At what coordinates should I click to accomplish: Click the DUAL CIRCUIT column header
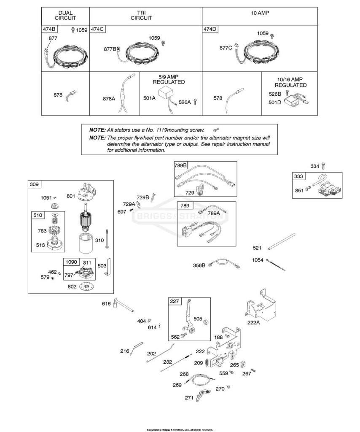pos(65,16)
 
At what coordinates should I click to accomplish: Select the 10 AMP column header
pos(260,13)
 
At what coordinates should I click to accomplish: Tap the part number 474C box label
pos(97,29)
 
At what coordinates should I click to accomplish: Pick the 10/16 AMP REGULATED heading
pos(290,82)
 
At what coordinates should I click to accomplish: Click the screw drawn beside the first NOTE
pos(216,129)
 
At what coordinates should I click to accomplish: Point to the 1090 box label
pos(71,262)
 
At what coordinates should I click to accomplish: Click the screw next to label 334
pos(323,166)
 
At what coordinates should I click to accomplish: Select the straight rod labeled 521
pos(281,242)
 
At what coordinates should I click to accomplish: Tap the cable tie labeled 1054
pos(276,265)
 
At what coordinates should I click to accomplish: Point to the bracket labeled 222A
pos(260,306)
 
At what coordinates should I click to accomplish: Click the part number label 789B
pos(180,165)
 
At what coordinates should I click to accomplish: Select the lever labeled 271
pos(204,395)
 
